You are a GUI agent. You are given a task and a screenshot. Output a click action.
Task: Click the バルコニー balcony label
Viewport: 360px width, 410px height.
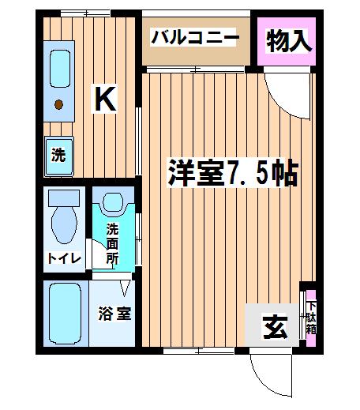click(195, 37)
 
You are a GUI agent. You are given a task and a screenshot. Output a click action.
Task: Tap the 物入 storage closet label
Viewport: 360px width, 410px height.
click(288, 41)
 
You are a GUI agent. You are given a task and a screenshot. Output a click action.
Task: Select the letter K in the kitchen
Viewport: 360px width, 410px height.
click(105, 99)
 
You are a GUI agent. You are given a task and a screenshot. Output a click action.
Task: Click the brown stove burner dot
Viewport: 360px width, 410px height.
click(58, 104)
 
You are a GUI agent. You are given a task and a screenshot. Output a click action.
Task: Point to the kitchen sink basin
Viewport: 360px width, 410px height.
click(60, 69)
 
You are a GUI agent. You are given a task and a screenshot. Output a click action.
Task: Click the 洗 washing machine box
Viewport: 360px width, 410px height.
click(59, 156)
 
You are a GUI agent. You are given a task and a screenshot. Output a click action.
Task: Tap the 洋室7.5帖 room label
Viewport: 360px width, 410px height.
click(233, 173)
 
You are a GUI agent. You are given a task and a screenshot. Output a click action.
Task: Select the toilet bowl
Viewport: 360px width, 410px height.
click(64, 224)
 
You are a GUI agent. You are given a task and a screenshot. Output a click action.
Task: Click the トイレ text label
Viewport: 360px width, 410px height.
click(65, 258)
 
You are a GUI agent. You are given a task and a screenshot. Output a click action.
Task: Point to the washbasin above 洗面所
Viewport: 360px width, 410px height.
click(113, 202)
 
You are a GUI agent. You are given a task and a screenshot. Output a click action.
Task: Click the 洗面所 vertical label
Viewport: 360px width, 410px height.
click(112, 243)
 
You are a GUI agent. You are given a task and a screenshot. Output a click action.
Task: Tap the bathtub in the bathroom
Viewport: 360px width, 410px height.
click(66, 314)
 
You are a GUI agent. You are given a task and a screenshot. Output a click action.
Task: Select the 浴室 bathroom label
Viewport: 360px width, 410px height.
click(114, 314)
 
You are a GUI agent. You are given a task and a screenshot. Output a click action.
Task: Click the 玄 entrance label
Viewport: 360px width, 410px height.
click(276, 327)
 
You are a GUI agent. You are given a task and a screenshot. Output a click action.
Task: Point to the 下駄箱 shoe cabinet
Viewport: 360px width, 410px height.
click(311, 318)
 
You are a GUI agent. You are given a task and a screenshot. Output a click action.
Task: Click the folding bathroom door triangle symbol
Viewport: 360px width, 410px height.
click(125, 288)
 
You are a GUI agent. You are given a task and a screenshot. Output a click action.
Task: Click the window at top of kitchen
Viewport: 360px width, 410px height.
click(85, 13)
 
